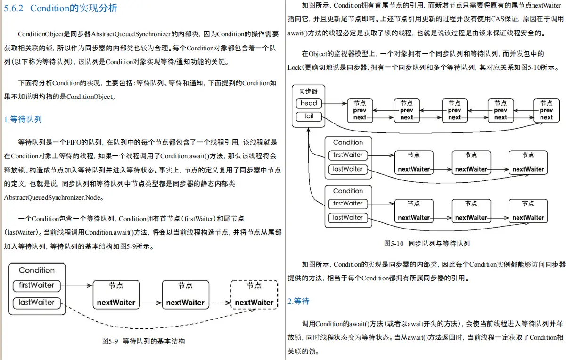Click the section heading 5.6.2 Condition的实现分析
pyautogui.click(x=60, y=8)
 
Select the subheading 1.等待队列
pyautogui.click(x=23, y=120)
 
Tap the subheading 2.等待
pyautogui.click(x=298, y=301)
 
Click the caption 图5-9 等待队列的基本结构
pyautogui.click(x=143, y=341)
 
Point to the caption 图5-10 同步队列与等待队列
pyautogui.click(x=427, y=244)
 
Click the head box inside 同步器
pyautogui.click(x=309, y=103)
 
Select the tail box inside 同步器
pyautogui.click(x=309, y=116)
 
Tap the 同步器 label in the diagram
pyautogui.click(x=308, y=91)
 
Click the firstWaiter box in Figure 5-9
pyautogui.click(x=36, y=285)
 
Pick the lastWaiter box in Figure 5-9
pyautogui.click(x=36, y=303)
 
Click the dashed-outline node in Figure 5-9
pyautogui.click(x=254, y=295)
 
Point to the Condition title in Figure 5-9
pyautogui.click(x=36, y=270)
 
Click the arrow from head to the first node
pyautogui.click(x=335, y=103)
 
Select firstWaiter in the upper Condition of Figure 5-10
pyautogui.click(x=348, y=155)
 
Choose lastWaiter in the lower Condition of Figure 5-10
pyautogui.click(x=348, y=218)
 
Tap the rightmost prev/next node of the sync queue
pyautogui.click(x=546, y=110)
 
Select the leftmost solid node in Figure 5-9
pyautogui.click(x=116, y=295)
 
